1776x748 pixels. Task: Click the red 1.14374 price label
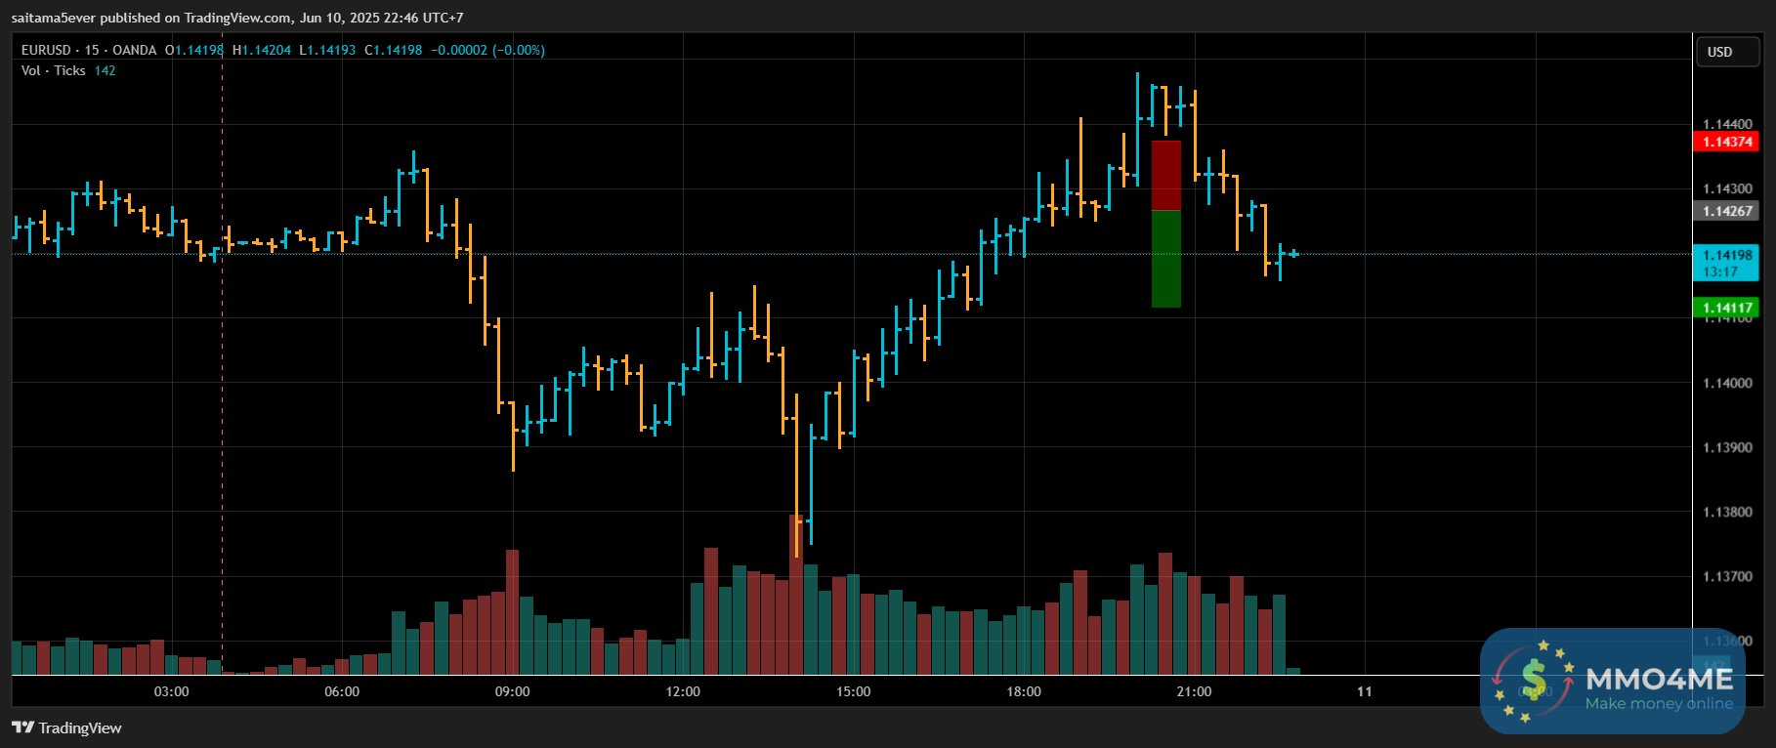coord(1726,143)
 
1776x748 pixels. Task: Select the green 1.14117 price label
coord(1726,308)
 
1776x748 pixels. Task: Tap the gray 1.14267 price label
coord(1726,211)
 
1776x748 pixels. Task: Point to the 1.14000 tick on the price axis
coord(1726,383)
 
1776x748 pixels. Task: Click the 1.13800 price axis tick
coord(1726,512)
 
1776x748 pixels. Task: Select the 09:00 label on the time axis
coord(512,691)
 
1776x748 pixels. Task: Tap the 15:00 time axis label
coord(853,691)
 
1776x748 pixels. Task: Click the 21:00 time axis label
coord(1194,691)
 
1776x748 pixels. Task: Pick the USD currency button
coord(1719,52)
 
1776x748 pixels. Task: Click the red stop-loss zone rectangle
coord(1166,176)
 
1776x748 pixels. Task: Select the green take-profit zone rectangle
coord(1166,259)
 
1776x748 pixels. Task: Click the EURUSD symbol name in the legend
coord(46,50)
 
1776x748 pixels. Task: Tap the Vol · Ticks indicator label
coord(53,70)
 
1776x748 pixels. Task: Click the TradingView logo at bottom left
coord(66,727)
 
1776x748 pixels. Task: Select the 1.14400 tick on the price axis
coord(1726,124)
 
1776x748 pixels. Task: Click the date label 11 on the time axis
coord(1364,691)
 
